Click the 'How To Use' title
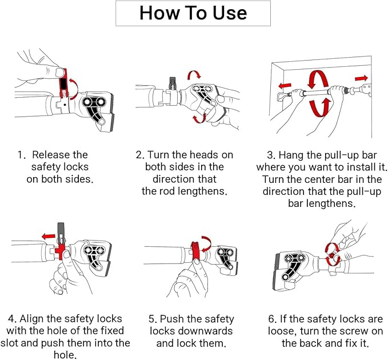coord(193,13)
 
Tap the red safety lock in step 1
coord(63,82)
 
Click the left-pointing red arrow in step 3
coord(285,85)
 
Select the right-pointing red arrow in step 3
coord(361,78)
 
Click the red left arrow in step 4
coord(49,237)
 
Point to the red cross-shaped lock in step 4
coord(60,251)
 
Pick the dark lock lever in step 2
coord(172,83)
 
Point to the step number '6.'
coord(273,319)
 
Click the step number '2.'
coord(141,155)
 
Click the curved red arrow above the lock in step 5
coord(206,243)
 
